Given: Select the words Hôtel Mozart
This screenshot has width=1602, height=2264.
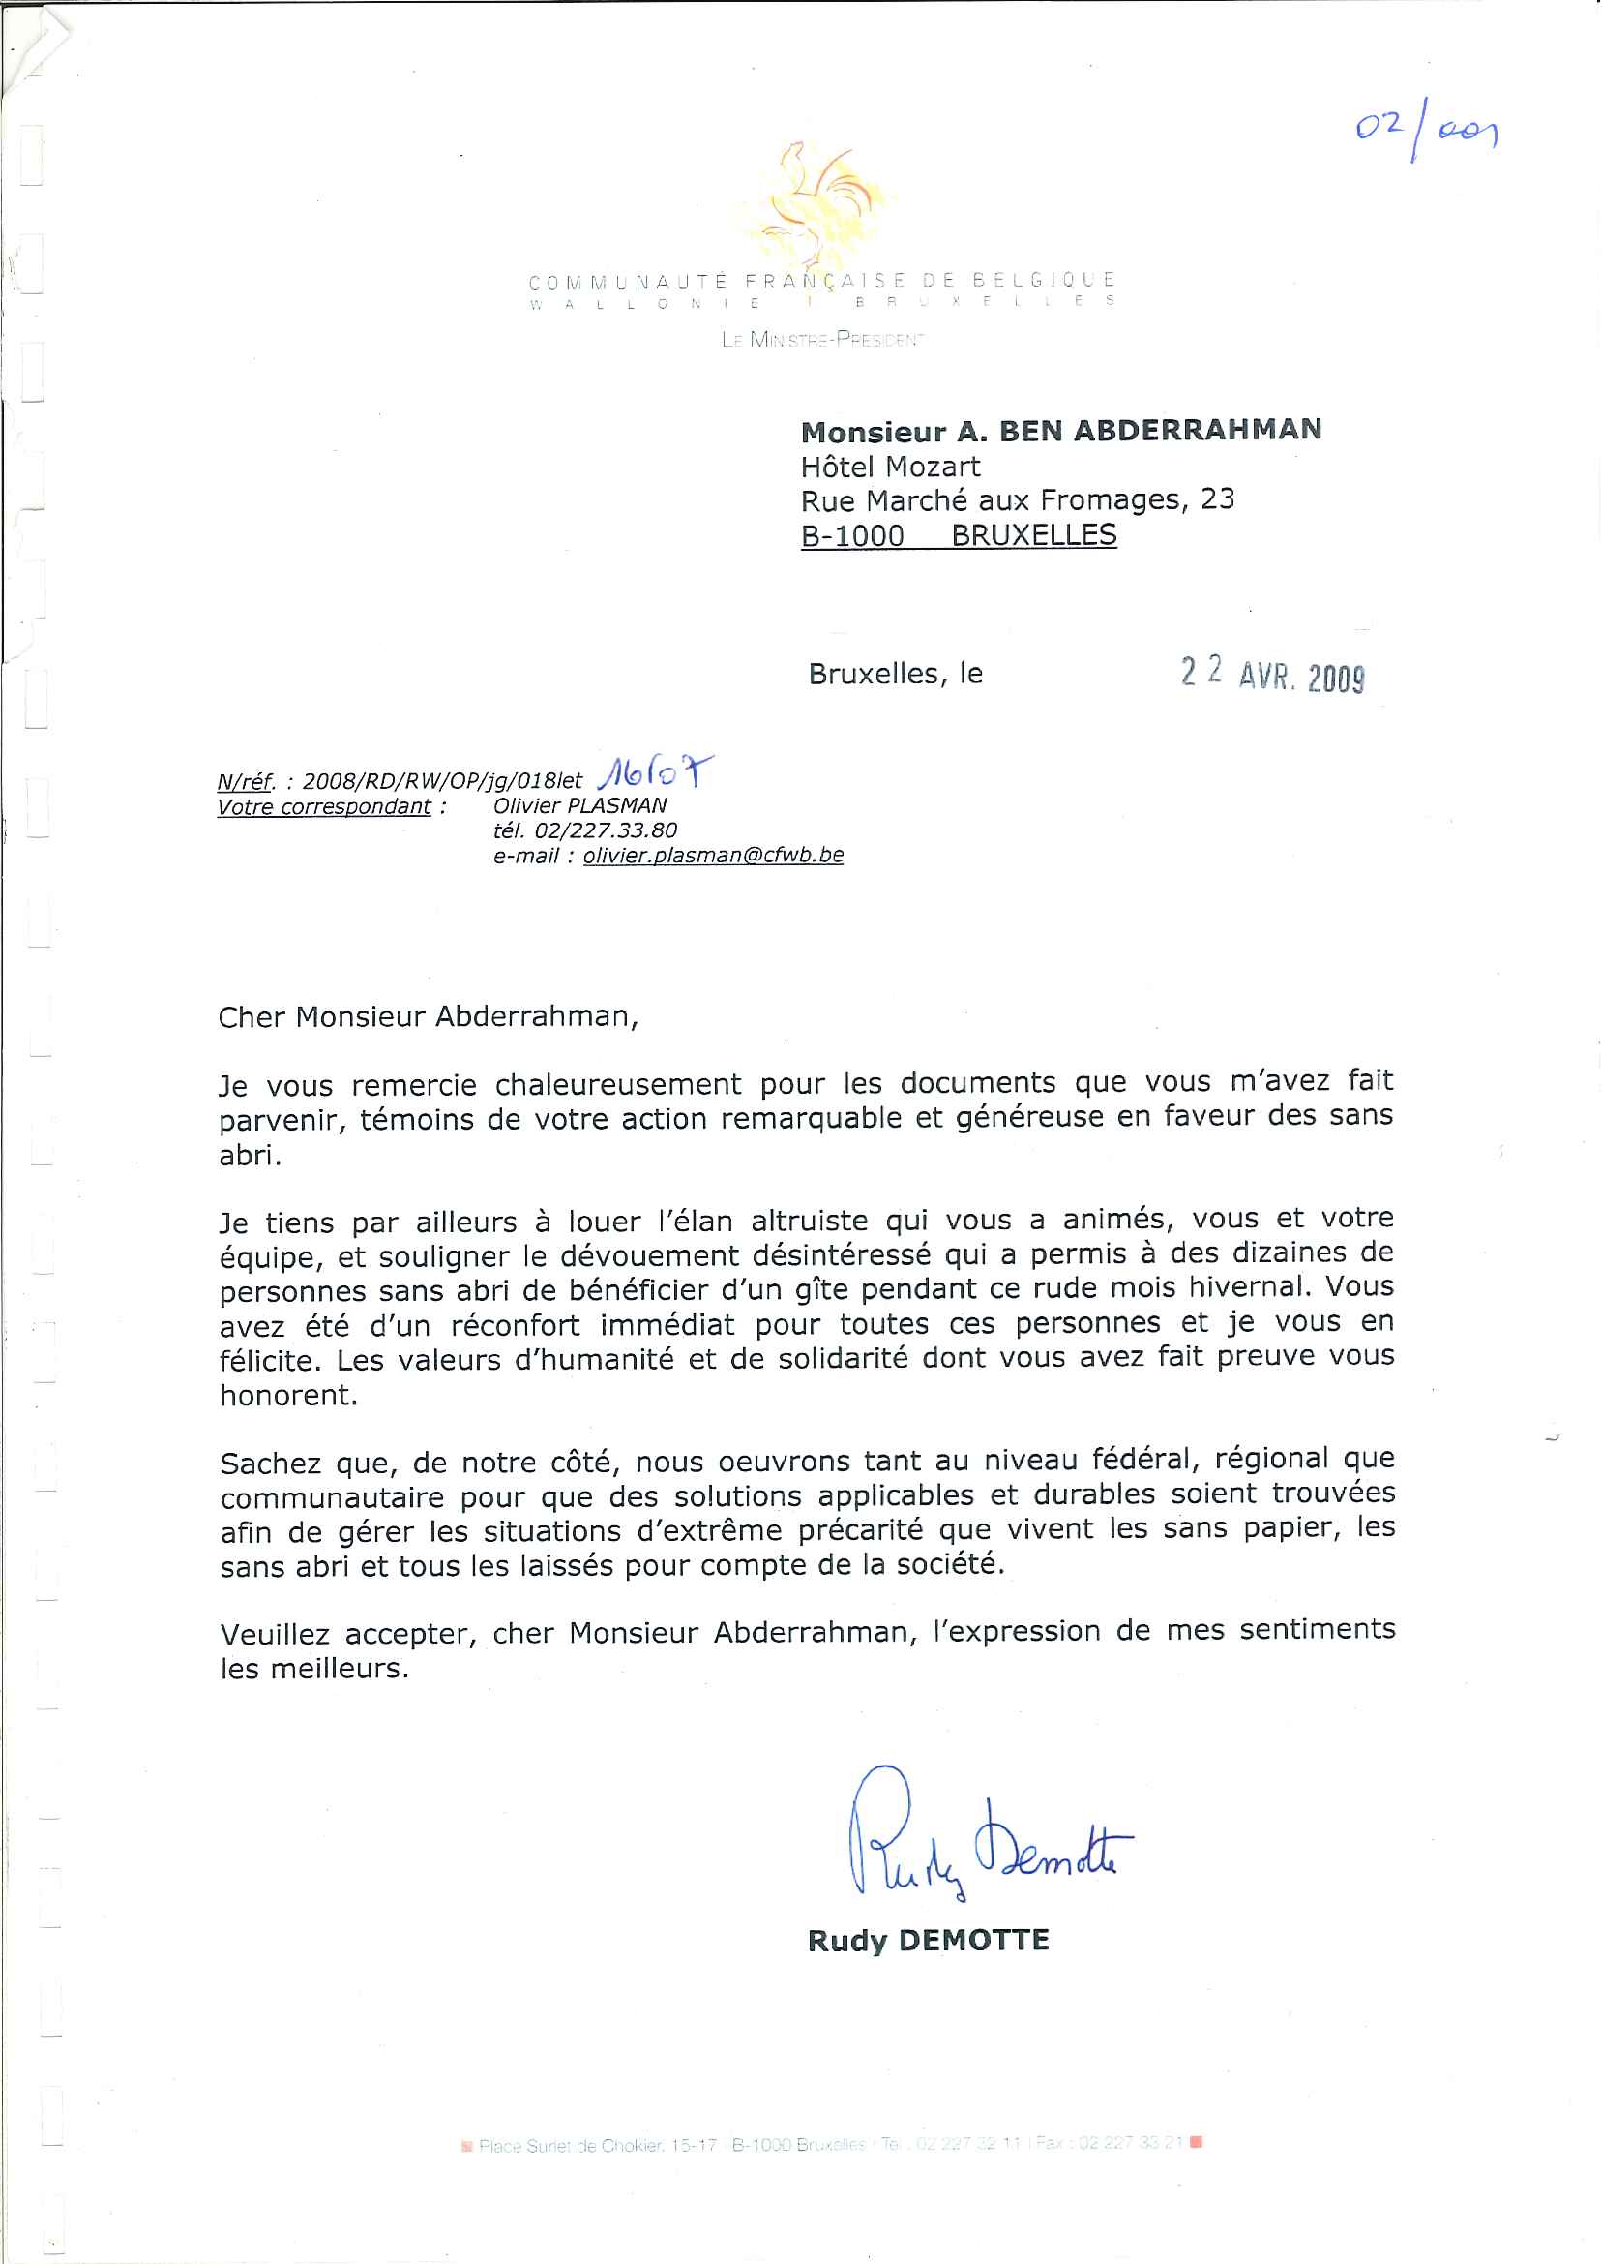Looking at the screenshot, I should [890, 466].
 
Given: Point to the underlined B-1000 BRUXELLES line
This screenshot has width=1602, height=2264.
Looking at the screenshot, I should [958, 536].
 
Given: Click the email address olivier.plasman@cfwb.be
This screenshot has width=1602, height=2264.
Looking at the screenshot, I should [712, 855].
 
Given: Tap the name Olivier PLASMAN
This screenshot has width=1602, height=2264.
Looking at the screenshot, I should [580, 805].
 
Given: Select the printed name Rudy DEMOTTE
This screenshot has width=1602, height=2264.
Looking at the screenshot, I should [929, 1941].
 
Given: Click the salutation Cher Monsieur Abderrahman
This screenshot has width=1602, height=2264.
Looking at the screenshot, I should [429, 1016].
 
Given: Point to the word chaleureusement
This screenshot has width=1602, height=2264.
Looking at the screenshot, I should [617, 1084].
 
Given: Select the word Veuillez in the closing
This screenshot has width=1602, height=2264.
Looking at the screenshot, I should [274, 1633].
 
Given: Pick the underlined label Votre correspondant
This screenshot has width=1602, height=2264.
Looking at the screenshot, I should [324, 806].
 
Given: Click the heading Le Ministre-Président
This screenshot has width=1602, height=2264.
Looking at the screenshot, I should [822, 340].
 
